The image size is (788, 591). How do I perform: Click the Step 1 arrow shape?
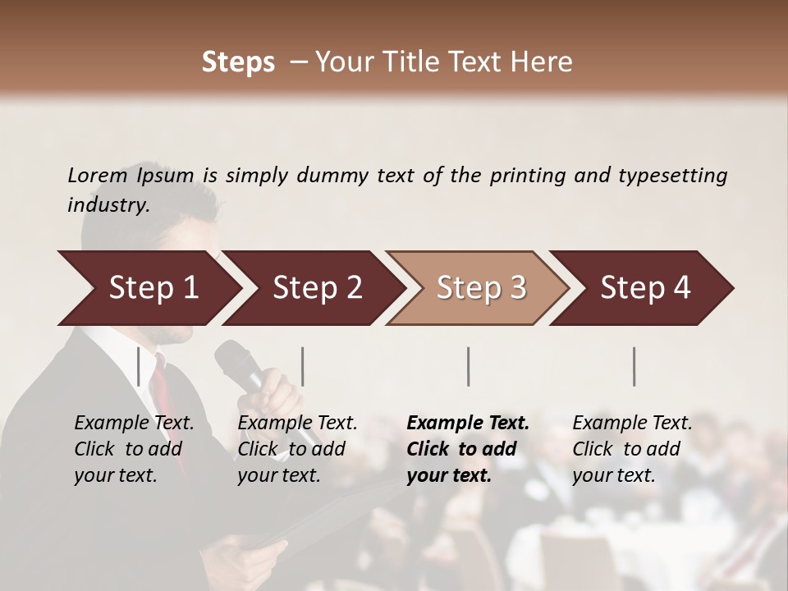[x=153, y=288]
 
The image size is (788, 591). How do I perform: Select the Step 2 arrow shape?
[x=317, y=288]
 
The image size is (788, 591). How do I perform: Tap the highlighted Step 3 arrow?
[x=481, y=288]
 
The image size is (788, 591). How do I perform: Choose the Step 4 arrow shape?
[x=645, y=288]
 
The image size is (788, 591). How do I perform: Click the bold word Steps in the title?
[x=238, y=62]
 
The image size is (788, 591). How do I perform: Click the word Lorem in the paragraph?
[x=97, y=175]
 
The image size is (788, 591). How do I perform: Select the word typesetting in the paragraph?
[x=672, y=176]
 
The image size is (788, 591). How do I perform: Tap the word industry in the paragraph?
[x=108, y=204]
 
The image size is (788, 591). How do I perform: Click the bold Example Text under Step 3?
[x=468, y=423]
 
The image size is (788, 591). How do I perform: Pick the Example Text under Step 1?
[x=134, y=423]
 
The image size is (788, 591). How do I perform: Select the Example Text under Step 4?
[x=632, y=423]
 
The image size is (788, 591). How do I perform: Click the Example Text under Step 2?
[x=297, y=423]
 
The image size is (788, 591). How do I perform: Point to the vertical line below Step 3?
[x=469, y=366]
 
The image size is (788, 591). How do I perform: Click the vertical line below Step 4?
[x=635, y=366]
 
